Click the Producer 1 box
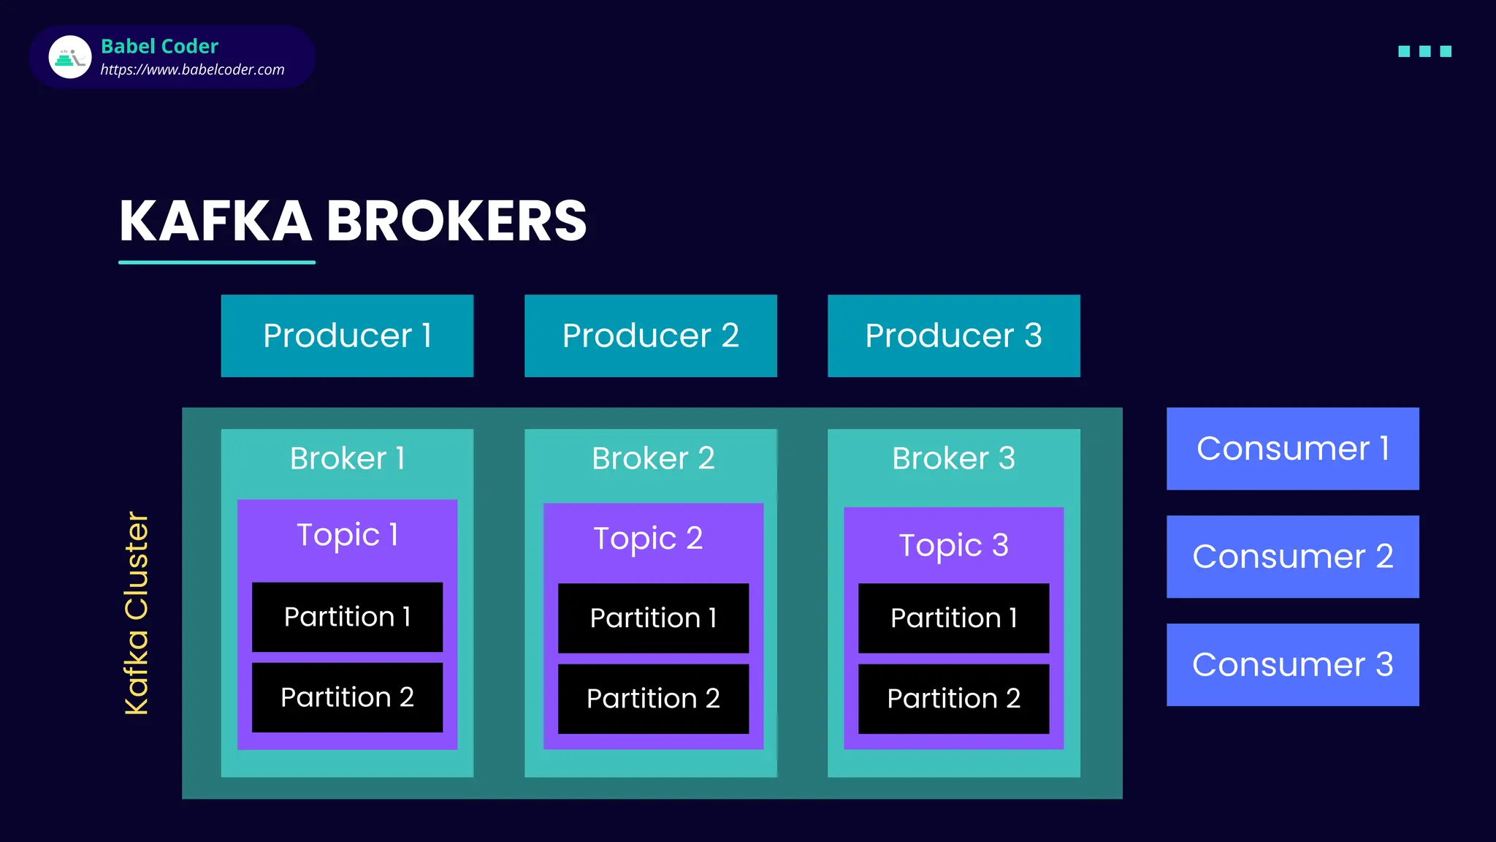[x=347, y=335]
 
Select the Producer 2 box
[x=650, y=335]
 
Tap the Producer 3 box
[x=953, y=335]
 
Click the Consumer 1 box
[x=1292, y=448]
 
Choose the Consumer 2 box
[x=1292, y=556]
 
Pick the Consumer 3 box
[x=1292, y=664]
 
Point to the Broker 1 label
[x=347, y=458]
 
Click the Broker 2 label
[x=652, y=458]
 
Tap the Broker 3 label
[x=953, y=458]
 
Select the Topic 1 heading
[x=347, y=534]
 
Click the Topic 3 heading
[x=953, y=545]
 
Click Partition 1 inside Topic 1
[x=347, y=617]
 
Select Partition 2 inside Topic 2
[x=653, y=699]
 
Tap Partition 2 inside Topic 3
[x=953, y=699]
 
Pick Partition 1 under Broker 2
[x=653, y=618]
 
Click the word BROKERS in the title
[x=456, y=221]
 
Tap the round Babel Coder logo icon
[x=70, y=57]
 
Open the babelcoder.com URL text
[x=192, y=69]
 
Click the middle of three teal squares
[x=1424, y=51]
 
